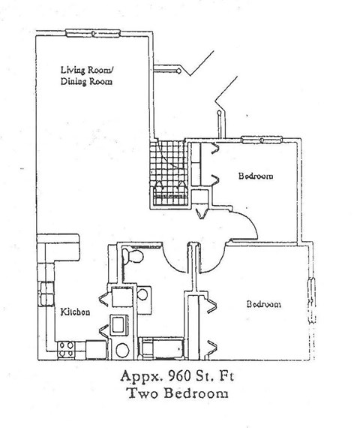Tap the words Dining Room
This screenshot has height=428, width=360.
click(87, 83)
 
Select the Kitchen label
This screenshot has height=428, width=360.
click(76, 312)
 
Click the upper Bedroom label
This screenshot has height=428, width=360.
click(255, 177)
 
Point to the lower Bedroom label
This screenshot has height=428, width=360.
click(264, 304)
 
